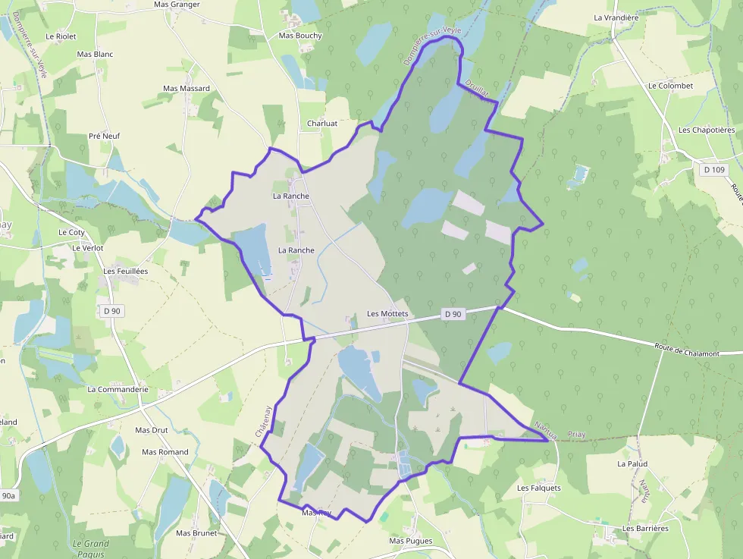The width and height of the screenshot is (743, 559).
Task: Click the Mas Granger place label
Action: pos(177,5)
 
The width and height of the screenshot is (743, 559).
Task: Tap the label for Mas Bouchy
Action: pos(300,36)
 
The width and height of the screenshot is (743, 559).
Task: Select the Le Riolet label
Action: pos(61,36)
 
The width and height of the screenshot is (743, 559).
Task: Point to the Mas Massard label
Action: pos(187,89)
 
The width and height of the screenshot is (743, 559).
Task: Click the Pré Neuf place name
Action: pos(105,136)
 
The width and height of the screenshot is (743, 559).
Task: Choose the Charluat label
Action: pos(322,123)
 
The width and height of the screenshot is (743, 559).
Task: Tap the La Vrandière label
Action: pos(616,17)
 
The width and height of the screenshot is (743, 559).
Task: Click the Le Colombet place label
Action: pos(670,86)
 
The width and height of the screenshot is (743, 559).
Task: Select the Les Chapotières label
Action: pos(707,130)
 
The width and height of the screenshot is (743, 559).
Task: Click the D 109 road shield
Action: pos(714,170)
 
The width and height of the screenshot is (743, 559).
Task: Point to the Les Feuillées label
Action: pos(126,271)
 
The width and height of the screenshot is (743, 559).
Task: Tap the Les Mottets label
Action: pos(387,313)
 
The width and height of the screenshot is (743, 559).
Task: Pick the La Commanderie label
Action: pos(118,389)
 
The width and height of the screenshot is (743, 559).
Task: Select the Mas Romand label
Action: pos(165,452)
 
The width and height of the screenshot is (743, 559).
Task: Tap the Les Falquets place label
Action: pos(539,488)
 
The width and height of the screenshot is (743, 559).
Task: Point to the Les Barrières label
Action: pos(645,528)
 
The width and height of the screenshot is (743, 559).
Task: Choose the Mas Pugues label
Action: pos(410,541)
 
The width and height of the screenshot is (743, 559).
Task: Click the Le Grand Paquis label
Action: pos(91,548)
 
